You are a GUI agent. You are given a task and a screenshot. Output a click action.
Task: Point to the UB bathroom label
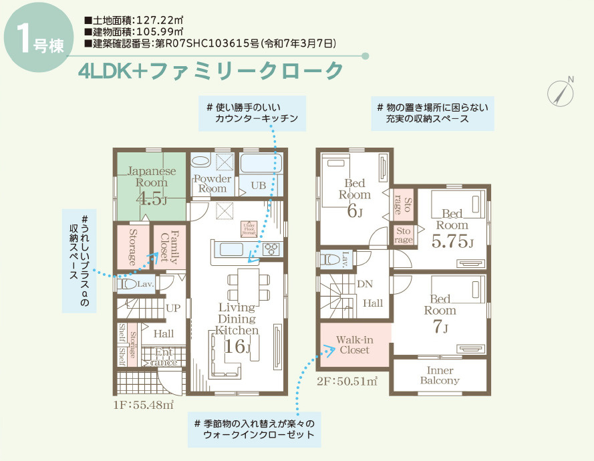[x=259, y=185]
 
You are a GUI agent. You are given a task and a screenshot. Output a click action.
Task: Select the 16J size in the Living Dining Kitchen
[x=237, y=347]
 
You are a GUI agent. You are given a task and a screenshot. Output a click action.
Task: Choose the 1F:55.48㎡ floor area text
[x=144, y=405]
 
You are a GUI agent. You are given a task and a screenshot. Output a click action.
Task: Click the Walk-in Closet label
[x=354, y=345]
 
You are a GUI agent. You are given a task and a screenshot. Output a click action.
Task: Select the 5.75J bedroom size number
[x=452, y=242]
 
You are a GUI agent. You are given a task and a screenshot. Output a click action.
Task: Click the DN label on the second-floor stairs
[x=365, y=284]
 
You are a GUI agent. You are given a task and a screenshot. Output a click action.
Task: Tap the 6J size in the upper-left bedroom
[x=354, y=212]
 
